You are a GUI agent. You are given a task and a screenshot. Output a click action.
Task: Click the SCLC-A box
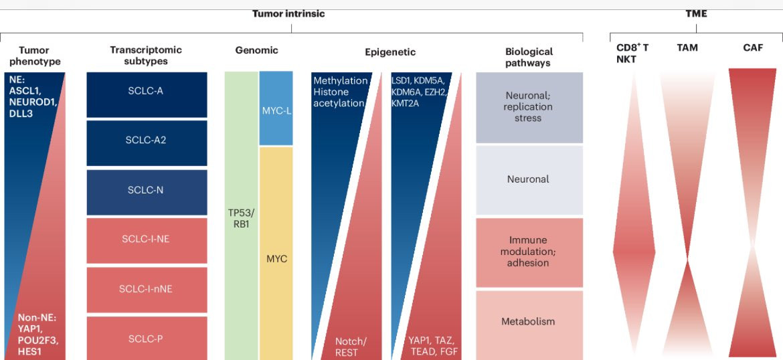tap(145, 91)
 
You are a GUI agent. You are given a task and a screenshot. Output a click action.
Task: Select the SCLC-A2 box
tap(145, 141)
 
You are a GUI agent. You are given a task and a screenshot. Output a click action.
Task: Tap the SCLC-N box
tap(145, 190)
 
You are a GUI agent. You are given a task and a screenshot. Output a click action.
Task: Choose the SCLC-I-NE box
tap(145, 240)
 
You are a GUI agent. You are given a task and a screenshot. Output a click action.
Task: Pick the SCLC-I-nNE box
tap(145, 289)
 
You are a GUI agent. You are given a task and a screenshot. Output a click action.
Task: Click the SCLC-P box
tap(145, 339)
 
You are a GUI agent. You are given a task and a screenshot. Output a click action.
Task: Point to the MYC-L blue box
tap(276, 109)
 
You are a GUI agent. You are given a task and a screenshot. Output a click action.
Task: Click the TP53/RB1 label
tap(241, 219)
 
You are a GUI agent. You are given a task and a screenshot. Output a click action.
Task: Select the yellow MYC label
tap(276, 258)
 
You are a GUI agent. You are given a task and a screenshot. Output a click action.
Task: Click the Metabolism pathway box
tap(528, 322)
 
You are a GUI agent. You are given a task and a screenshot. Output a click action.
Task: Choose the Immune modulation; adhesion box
tap(528, 252)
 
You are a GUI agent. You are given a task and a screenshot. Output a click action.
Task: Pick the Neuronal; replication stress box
tap(528, 107)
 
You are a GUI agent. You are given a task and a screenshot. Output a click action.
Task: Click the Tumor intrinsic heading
tap(288, 13)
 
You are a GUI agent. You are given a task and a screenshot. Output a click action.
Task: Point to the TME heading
tap(696, 13)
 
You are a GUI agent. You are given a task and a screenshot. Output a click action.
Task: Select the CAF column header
tap(753, 48)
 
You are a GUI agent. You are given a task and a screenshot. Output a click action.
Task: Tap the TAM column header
tap(687, 48)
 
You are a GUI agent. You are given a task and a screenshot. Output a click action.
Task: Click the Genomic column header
tap(256, 50)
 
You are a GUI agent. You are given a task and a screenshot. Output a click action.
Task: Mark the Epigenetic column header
tap(390, 52)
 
